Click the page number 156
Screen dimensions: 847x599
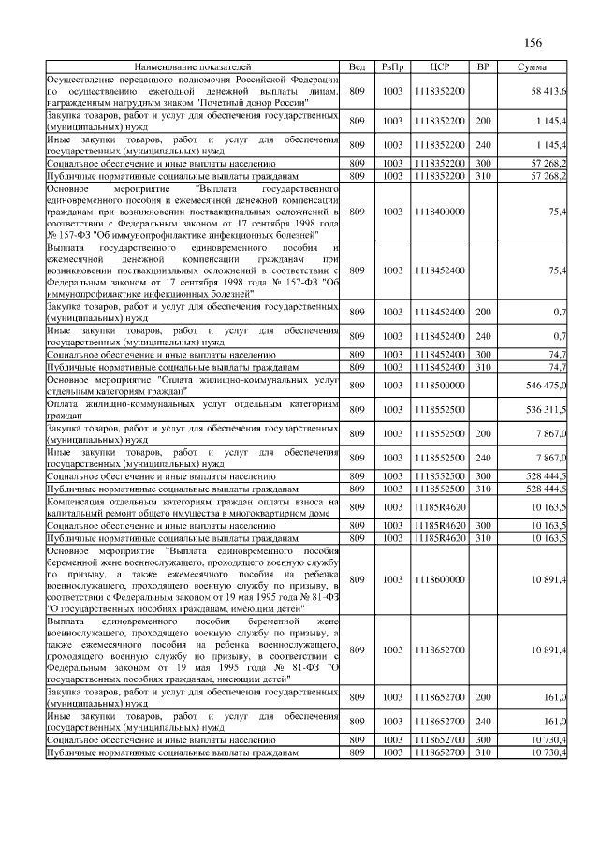[x=533, y=42]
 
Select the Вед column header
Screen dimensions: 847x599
[x=357, y=67]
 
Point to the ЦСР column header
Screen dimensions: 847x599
[x=440, y=67]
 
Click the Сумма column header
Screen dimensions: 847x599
[x=533, y=67]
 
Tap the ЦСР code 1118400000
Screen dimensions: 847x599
[x=440, y=212]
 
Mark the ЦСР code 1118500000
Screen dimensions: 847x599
[x=440, y=386]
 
